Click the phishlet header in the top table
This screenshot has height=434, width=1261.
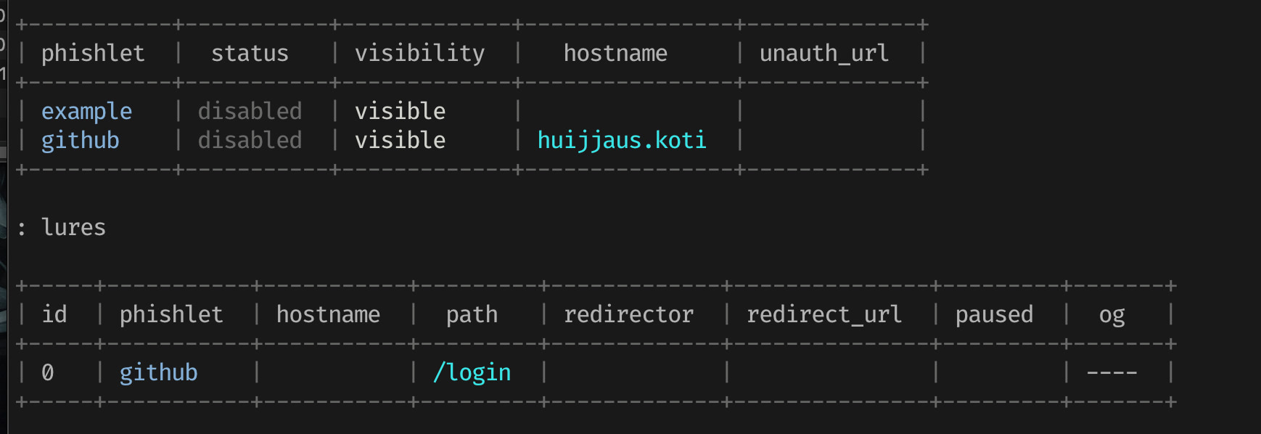tap(93, 53)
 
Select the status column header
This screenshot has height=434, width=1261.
tap(250, 53)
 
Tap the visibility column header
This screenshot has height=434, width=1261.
tap(419, 53)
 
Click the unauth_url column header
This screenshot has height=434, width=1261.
tap(823, 53)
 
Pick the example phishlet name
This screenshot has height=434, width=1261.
tap(86, 111)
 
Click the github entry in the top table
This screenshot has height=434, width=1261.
tap(80, 140)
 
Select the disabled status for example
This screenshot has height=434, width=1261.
tap(250, 111)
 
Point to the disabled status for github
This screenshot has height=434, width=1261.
tap(250, 140)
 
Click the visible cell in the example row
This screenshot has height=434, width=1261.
tap(400, 111)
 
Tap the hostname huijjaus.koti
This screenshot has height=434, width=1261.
tap(622, 140)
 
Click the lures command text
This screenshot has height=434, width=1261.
tap(73, 227)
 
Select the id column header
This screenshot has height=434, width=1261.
tap(54, 314)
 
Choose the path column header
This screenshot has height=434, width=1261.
tap(472, 314)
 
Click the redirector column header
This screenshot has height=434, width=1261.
tap(628, 314)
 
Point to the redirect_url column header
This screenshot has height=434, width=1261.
tap(824, 314)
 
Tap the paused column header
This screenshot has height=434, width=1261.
tap(994, 314)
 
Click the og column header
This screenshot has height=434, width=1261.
tap(1112, 314)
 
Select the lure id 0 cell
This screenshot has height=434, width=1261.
tap(48, 372)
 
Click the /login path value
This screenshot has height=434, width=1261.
tap(472, 372)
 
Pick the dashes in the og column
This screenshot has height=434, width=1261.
tap(1112, 372)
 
